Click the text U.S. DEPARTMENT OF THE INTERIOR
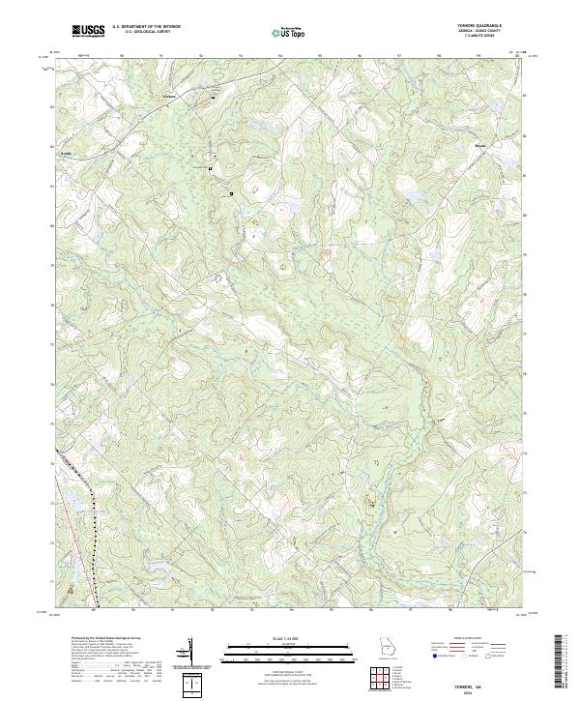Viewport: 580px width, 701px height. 146,27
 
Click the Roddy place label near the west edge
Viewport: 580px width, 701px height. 66,152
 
